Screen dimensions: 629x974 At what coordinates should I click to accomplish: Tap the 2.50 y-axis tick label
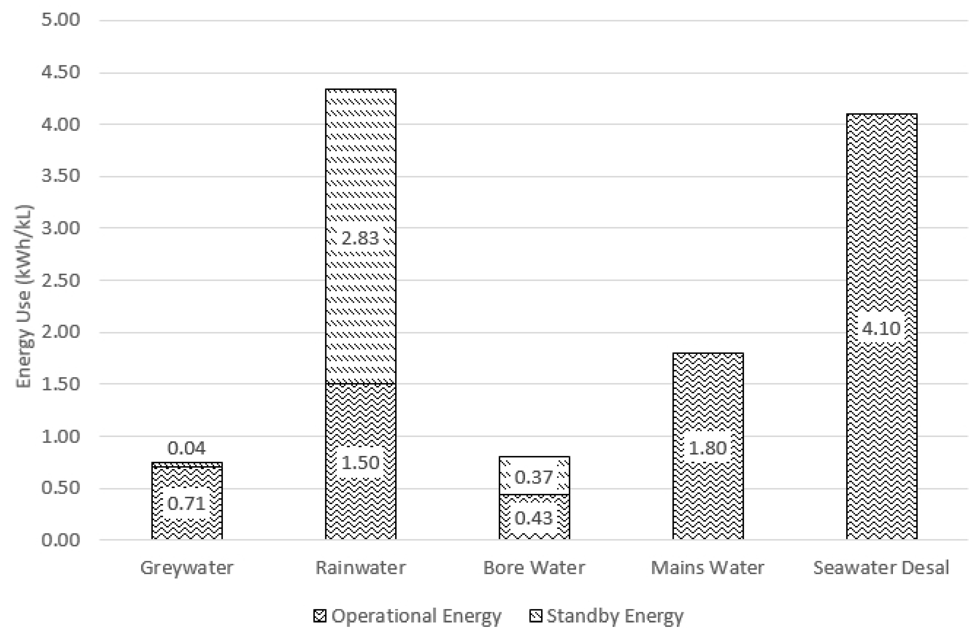(60, 281)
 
